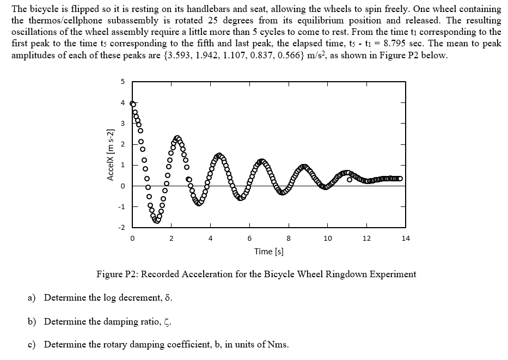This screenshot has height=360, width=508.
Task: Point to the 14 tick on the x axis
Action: pyautogui.click(x=406, y=238)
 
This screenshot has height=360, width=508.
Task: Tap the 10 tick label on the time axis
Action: pyautogui.click(x=327, y=238)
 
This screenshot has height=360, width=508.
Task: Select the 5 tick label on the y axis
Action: pyautogui.click(x=123, y=82)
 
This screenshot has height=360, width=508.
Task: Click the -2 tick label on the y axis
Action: pyautogui.click(x=121, y=227)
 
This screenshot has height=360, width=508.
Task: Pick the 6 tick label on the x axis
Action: pyautogui.click(x=249, y=238)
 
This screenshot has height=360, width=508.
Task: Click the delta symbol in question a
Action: pyautogui.click(x=162, y=298)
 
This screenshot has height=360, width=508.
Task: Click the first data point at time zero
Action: pyautogui.click(x=132, y=103)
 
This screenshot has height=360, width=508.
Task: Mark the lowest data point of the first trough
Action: pyautogui.click(x=157, y=221)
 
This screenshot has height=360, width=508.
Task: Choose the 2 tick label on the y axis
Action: pyautogui.click(x=123, y=144)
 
